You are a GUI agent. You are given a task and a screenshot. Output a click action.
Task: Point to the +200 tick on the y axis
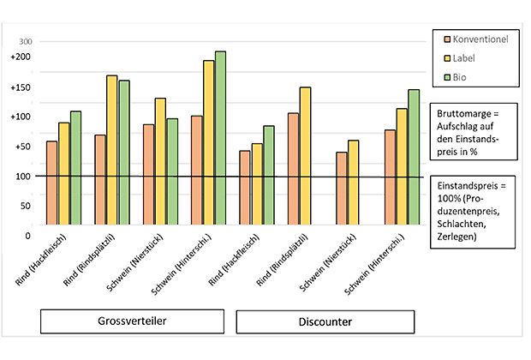coord(21,57)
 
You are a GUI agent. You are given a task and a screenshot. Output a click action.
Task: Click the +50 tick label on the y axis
coord(22,147)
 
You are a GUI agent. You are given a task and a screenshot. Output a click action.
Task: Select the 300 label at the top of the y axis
coord(25,41)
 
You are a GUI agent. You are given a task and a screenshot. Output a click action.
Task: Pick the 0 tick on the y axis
coord(28,235)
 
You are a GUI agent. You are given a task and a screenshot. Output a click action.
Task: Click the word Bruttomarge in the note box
coord(464,113)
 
